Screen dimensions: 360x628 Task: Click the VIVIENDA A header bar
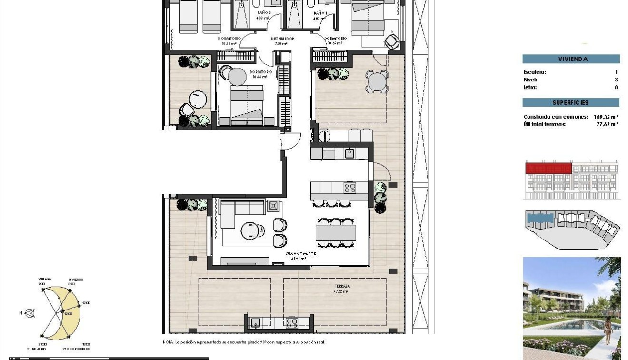coord(571,59)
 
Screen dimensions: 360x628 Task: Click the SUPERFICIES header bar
coord(571,102)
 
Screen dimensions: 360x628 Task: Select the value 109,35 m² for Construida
coord(606,117)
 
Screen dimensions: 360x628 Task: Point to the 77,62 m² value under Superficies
coord(608,124)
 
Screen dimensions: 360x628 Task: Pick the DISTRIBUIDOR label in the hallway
coord(282,39)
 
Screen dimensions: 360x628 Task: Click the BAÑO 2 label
coord(264,13)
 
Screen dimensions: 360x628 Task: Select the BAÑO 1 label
coord(320,13)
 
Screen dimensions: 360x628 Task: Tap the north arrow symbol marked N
coord(30,313)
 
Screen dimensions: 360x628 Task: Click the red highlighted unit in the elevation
coord(548,168)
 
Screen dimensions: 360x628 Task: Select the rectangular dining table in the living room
coord(336,232)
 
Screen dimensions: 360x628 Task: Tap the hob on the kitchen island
coord(350,188)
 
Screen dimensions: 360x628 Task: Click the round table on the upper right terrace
coord(376,81)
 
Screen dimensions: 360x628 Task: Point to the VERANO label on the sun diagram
coord(45,279)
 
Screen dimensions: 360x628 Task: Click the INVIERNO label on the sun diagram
coord(75,279)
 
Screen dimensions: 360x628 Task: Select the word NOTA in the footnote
coord(168,342)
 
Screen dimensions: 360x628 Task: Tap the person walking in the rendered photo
coord(608,330)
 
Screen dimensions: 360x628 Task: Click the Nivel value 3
coord(616,80)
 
